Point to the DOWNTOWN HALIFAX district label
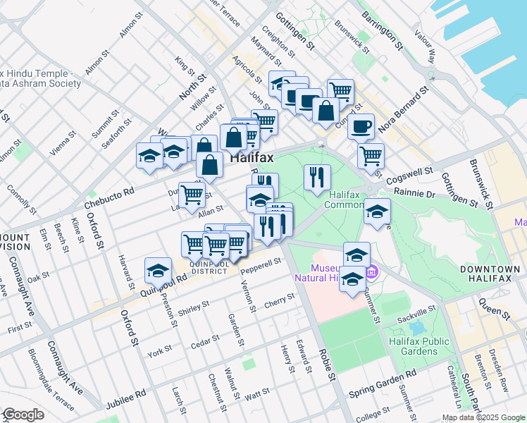[x=484, y=274]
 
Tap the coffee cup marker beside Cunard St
[x=361, y=127]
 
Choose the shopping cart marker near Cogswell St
[x=370, y=156]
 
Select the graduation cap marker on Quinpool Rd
[x=159, y=271]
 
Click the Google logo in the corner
[x=23, y=415]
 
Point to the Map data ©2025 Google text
[x=483, y=417]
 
